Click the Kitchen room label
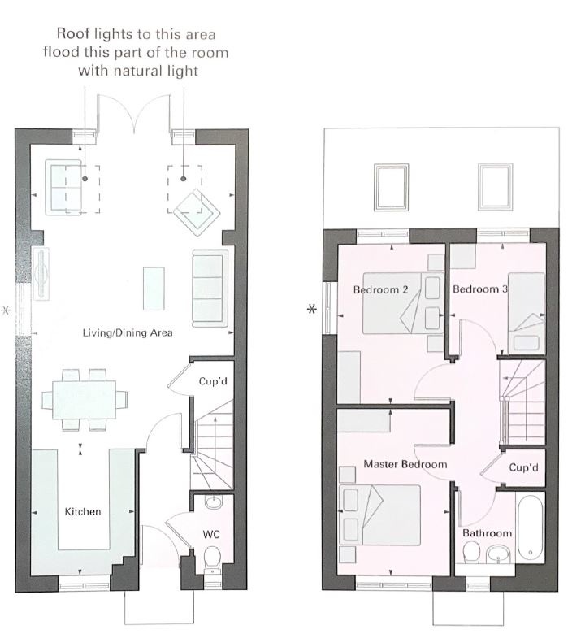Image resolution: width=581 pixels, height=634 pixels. pyautogui.click(x=83, y=511)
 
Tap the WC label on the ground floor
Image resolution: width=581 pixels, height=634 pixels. pyautogui.click(x=211, y=535)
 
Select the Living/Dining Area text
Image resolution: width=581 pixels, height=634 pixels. pyautogui.click(x=128, y=332)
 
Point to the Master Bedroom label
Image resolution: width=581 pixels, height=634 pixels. pyautogui.click(x=405, y=464)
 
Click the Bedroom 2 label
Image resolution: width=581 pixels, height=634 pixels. pyautogui.click(x=380, y=289)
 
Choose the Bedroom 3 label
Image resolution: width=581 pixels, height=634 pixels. pyautogui.click(x=480, y=289)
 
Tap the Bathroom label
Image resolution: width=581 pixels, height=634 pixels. pyautogui.click(x=487, y=533)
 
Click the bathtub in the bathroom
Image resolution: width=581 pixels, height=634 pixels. pyautogui.click(x=530, y=527)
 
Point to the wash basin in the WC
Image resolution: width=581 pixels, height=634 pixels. pyautogui.click(x=213, y=502)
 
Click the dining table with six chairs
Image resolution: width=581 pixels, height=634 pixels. pyautogui.click(x=84, y=400)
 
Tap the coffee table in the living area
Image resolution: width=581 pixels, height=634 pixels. pyautogui.click(x=154, y=289)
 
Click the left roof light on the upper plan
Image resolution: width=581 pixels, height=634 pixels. pyautogui.click(x=391, y=187)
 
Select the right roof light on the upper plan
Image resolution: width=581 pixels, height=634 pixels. pyautogui.click(x=496, y=186)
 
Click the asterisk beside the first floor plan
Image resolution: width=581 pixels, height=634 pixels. pyautogui.click(x=312, y=310)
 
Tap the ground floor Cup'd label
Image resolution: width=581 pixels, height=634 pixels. pyautogui.click(x=213, y=381)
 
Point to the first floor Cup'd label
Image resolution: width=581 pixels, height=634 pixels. pyautogui.click(x=523, y=467)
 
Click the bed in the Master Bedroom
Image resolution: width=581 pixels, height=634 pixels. pyautogui.click(x=379, y=515)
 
